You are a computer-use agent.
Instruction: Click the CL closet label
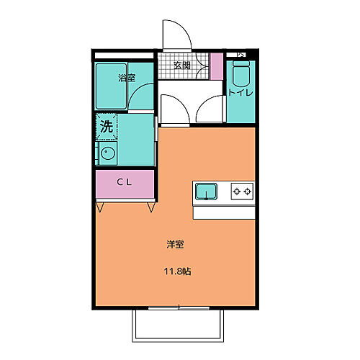(124, 183)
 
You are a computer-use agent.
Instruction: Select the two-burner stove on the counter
(242, 192)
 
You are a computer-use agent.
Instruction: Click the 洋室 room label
(175, 245)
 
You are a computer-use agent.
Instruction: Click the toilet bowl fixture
(240, 74)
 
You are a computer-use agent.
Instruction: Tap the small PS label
(241, 55)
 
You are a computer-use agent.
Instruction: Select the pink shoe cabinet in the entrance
(217, 66)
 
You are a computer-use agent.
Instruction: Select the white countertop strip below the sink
(224, 212)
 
